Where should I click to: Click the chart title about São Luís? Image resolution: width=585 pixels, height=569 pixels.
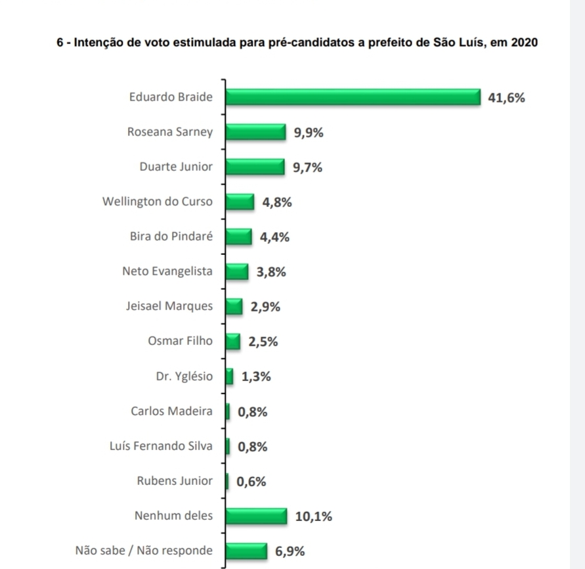pyautogui.click(x=297, y=43)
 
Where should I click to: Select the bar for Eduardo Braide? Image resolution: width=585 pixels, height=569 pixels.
pyautogui.click(x=353, y=97)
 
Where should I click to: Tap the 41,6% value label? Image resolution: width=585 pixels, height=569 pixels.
pyautogui.click(x=507, y=99)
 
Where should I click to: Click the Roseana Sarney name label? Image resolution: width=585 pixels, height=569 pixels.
pyautogui.click(x=170, y=132)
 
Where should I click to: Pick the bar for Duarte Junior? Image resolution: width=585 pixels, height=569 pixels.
pyautogui.click(x=255, y=168)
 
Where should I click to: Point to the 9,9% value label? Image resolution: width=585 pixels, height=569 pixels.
pyautogui.click(x=309, y=133)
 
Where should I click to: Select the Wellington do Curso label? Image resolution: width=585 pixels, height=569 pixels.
pyautogui.click(x=158, y=202)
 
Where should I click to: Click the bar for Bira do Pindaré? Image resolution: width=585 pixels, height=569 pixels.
pyautogui.click(x=238, y=237)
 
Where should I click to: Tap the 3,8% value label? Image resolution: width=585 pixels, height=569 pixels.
pyautogui.click(x=271, y=272)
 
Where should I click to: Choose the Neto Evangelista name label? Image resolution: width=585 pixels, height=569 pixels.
pyautogui.click(x=167, y=271)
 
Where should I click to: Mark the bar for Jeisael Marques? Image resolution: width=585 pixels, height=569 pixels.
pyautogui.click(x=234, y=306)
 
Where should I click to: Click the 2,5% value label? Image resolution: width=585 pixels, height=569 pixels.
pyautogui.click(x=263, y=342)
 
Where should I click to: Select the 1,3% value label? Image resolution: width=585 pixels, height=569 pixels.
pyautogui.click(x=256, y=377)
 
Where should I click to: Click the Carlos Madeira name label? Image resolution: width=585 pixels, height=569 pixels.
pyautogui.click(x=172, y=411)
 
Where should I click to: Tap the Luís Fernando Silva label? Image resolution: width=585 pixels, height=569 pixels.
pyautogui.click(x=162, y=446)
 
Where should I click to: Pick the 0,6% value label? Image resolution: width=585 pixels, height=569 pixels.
pyautogui.click(x=251, y=482)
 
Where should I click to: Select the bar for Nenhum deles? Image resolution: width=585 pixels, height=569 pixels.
pyautogui.click(x=256, y=516)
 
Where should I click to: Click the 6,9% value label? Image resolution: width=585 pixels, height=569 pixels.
pyautogui.click(x=290, y=551)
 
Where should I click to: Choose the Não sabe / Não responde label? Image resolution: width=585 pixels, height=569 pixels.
pyautogui.click(x=144, y=551)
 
